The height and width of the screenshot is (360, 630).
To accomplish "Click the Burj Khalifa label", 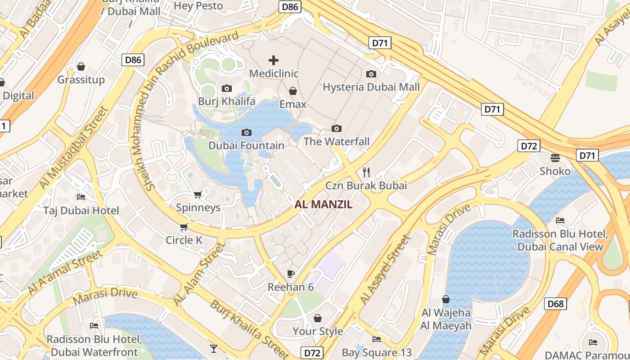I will pos(227,101).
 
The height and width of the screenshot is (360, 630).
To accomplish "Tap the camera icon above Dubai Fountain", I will pos(247,132).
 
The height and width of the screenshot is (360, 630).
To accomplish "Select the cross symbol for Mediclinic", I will pos(274,60).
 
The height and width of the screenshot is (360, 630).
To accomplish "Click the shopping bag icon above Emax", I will pos(293,91).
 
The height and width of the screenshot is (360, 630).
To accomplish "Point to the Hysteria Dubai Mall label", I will pos(371,87).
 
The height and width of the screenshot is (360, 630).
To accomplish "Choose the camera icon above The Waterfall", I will pos(337,129).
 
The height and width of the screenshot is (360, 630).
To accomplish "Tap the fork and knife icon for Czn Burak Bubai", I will pos(366,172).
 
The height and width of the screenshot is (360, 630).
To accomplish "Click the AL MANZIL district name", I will pos(324,205).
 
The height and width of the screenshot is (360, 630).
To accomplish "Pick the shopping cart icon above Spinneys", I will pos(198,194).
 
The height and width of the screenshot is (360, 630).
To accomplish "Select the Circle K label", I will pos(184,240).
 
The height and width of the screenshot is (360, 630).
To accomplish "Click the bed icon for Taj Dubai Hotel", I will pos(81,197).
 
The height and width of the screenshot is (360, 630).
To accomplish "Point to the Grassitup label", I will pos(81,80).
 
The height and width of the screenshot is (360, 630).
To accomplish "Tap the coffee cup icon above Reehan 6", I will pos(291,274).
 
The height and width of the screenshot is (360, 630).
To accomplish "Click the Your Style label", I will pos(318,331).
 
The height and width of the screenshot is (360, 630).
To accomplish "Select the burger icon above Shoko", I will pos(555,157).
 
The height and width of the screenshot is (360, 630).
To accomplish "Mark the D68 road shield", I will pos(555,304).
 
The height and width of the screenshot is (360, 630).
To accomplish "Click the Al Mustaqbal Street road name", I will pos(74,148).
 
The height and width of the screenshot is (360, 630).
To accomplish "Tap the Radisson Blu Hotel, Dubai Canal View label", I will pos(560,240).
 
